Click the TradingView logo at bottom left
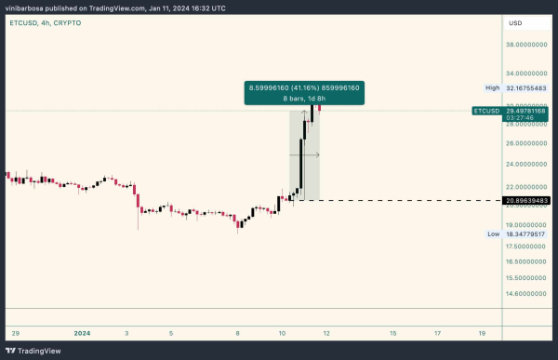36,351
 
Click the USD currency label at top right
514,21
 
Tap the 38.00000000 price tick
526,44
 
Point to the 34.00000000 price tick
526,72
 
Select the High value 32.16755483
526,87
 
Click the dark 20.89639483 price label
526,200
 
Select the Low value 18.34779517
526,233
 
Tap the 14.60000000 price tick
526,293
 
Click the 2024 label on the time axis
82,331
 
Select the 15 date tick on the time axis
393,331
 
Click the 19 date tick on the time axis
481,331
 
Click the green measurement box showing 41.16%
303,92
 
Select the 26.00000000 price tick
526,143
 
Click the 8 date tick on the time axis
239,331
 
